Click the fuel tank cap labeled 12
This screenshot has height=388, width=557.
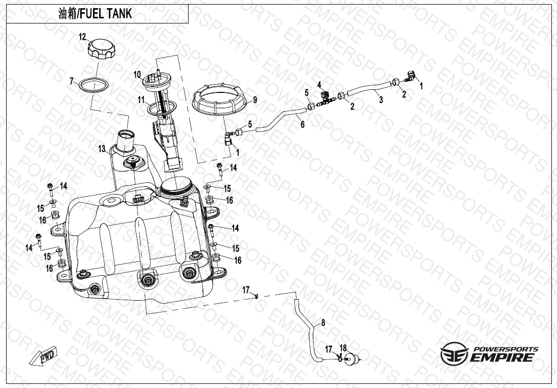pos(101,50)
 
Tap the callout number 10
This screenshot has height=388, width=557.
pos(137,75)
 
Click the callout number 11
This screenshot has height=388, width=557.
pos(142,100)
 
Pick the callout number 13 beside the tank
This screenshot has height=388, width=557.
pos(102,149)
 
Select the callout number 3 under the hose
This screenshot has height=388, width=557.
pos(381,100)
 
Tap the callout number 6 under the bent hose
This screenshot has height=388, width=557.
pos(303,124)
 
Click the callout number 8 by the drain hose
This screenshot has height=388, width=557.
pos(323,323)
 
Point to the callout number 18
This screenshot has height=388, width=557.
pos(343,348)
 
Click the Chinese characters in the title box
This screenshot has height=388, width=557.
pos(67,14)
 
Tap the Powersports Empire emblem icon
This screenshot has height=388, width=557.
pos(454,353)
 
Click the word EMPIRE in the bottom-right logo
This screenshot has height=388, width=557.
pos(502,357)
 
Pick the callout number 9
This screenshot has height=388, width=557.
pos(254,100)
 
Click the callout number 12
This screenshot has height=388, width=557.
pos(82,37)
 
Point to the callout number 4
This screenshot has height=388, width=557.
pos(319,84)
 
